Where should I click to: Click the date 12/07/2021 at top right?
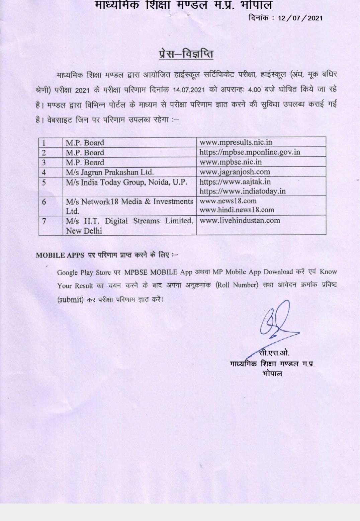(300, 18)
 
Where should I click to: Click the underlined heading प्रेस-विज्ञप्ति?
(186, 54)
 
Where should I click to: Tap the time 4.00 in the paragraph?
(254, 90)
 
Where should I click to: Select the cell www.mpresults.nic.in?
(236, 142)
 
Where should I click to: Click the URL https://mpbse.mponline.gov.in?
(250, 152)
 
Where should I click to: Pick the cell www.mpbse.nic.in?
(231, 162)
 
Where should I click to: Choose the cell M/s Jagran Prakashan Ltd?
(110, 172)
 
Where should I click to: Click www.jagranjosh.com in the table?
(235, 172)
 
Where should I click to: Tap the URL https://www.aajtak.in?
(235, 182)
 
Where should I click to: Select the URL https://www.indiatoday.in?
(243, 191)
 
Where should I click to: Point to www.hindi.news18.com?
(237, 210)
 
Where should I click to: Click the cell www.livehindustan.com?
(240, 221)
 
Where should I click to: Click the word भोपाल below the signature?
(272, 373)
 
